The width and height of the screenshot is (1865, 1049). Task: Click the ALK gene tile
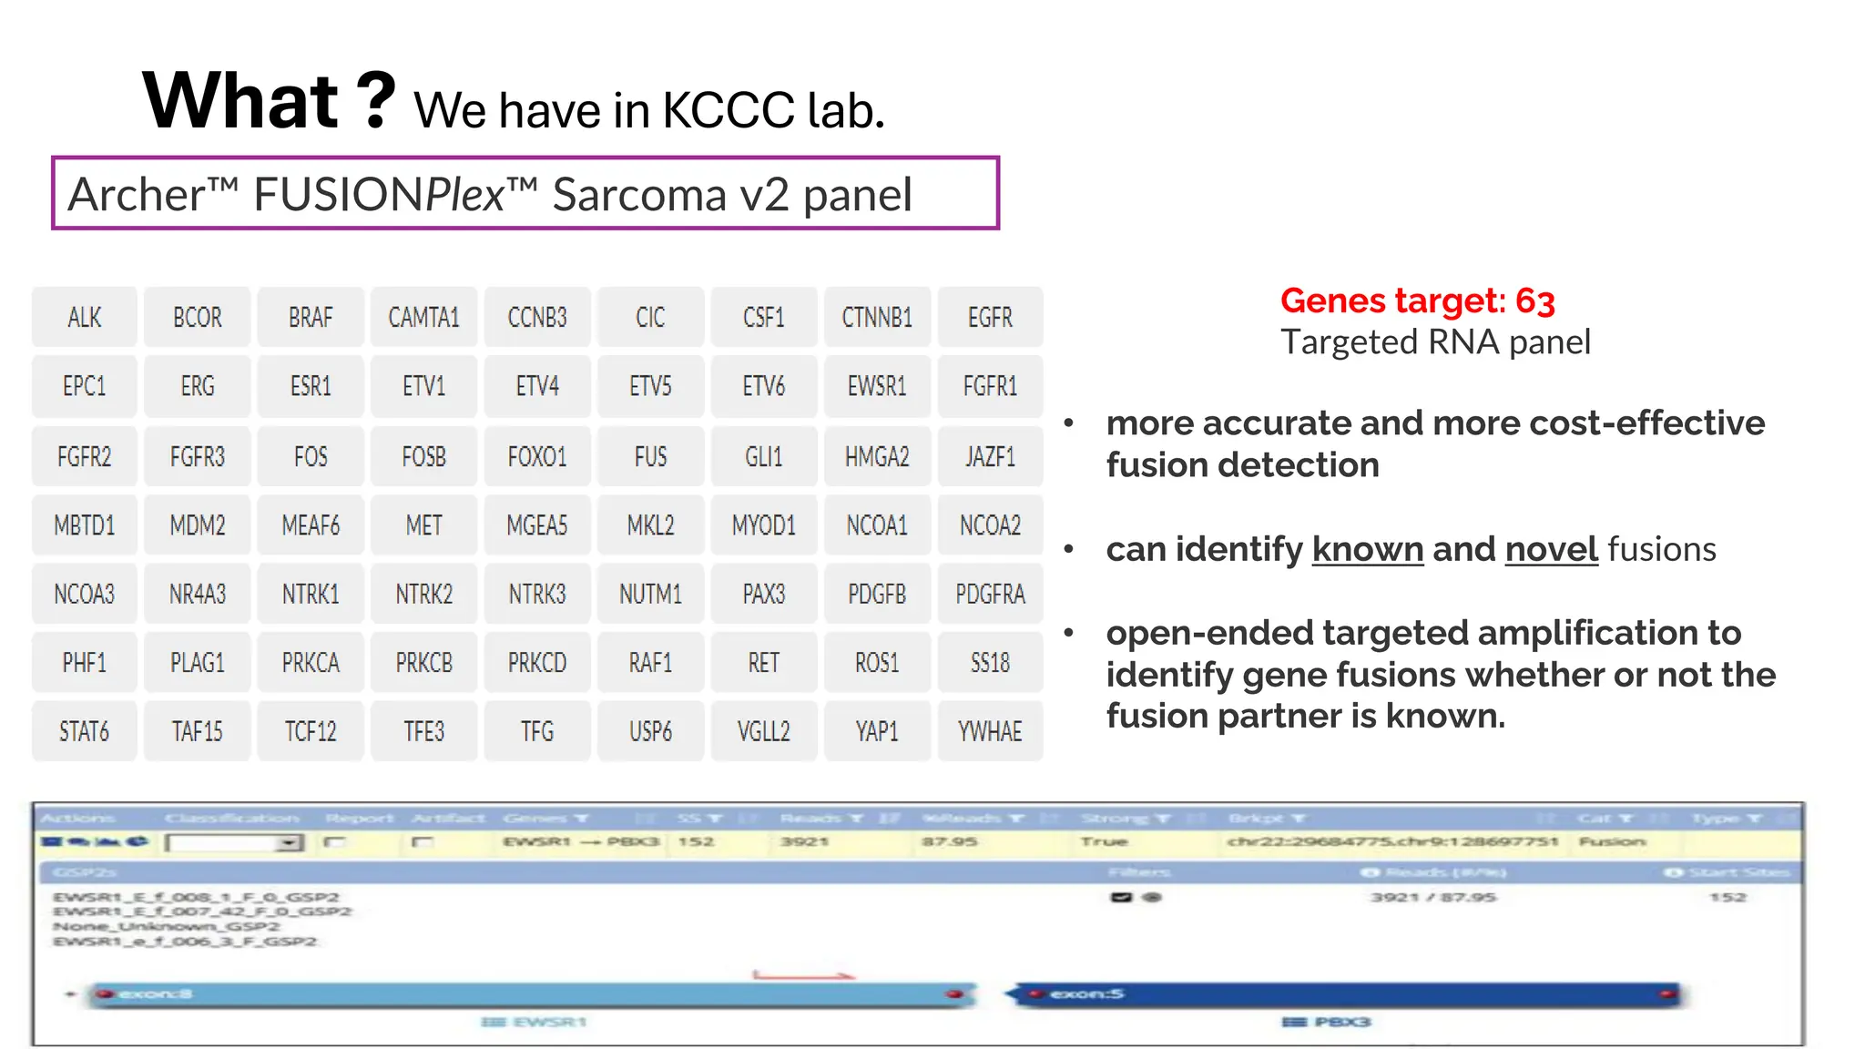pos(84,318)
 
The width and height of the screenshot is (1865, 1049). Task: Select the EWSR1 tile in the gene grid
pos(877,386)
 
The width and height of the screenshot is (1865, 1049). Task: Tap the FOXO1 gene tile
pos(537,456)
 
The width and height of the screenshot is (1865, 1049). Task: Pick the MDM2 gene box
pos(198,525)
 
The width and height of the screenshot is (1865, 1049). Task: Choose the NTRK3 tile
pos(537,595)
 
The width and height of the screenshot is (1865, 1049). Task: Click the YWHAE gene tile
pos(990,731)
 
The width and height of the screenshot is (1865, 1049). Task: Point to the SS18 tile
pos(990,663)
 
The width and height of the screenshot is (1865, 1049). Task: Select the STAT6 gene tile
pos(84,731)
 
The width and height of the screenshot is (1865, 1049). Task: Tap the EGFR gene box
pos(990,318)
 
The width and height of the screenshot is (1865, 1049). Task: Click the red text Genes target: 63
pos(1417,300)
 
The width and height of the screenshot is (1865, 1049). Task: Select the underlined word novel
pos(1551,549)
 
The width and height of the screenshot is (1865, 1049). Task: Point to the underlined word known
pos(1367,549)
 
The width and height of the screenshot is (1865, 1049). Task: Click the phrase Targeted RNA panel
pos(1435,342)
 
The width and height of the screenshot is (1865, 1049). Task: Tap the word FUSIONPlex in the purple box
pos(378,194)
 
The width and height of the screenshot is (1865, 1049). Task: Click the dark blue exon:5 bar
pos(1348,993)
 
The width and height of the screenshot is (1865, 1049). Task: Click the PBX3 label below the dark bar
pos(1340,1022)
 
